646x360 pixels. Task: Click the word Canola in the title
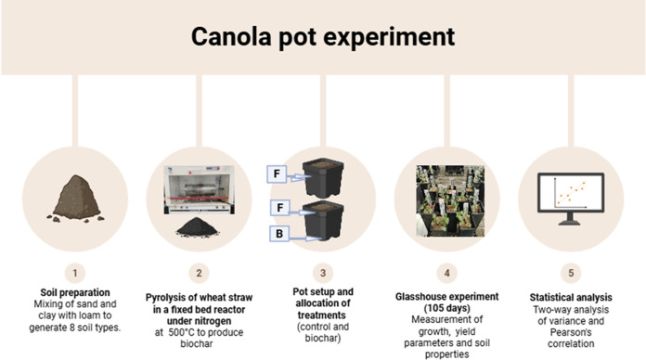point(231,36)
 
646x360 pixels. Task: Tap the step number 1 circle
point(75,273)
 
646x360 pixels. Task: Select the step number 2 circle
point(199,273)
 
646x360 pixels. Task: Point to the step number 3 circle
point(323,273)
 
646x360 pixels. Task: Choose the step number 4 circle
point(447,273)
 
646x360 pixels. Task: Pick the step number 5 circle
point(571,273)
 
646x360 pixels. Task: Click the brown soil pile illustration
point(75,199)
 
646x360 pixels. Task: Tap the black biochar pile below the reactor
point(198,227)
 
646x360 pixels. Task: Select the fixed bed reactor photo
point(200,190)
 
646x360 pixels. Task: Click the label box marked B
point(279,234)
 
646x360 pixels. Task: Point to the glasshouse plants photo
point(450,200)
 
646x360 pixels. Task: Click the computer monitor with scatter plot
point(571,199)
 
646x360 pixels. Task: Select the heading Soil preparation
point(75,292)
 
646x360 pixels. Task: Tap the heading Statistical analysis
point(571,298)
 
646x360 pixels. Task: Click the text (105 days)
point(447,308)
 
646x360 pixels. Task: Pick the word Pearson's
point(571,332)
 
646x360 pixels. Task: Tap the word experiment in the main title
point(389,37)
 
